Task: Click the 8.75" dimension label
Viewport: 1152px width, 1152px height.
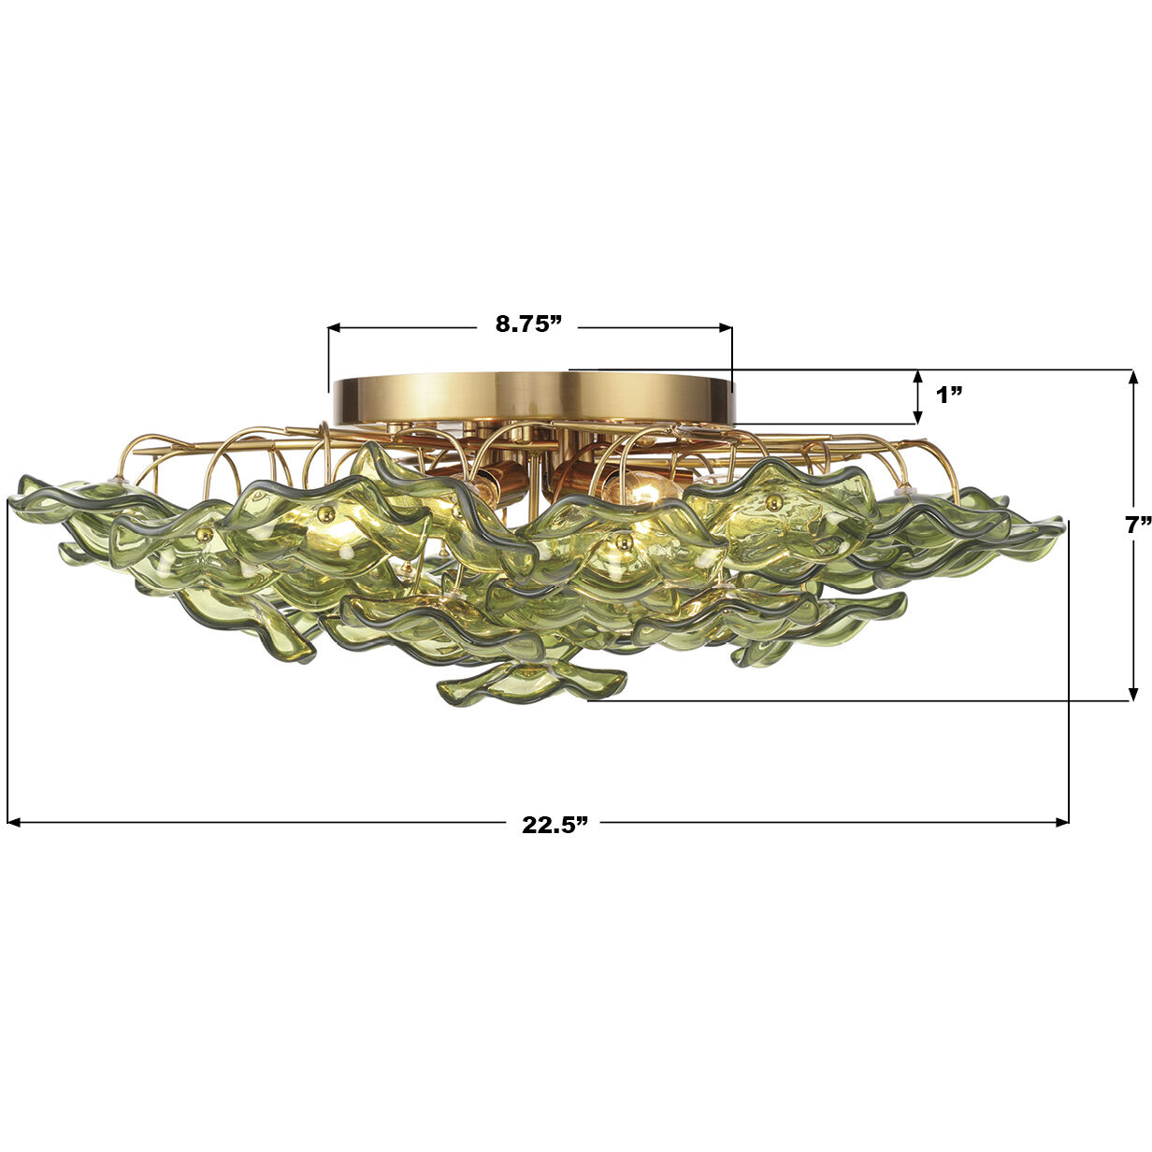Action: pyautogui.click(x=528, y=324)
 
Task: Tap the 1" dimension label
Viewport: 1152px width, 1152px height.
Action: pyautogui.click(x=950, y=394)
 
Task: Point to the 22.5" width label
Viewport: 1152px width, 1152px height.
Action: pyautogui.click(x=554, y=824)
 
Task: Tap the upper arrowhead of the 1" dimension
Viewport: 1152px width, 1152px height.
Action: pyautogui.click(x=917, y=377)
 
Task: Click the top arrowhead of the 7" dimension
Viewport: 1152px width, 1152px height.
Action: pyautogui.click(x=1133, y=377)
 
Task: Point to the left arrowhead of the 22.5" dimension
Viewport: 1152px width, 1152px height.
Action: pyautogui.click(x=14, y=823)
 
